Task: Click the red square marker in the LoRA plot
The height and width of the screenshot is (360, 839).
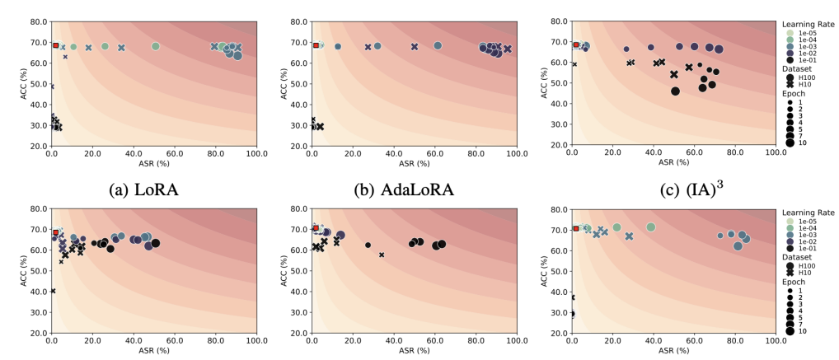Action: pyautogui.click(x=56, y=45)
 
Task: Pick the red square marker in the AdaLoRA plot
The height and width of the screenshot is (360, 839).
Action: pyautogui.click(x=316, y=45)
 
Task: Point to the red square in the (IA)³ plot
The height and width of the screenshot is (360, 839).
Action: pyautogui.click(x=576, y=45)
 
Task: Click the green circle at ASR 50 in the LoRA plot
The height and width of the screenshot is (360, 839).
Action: pyautogui.click(x=155, y=46)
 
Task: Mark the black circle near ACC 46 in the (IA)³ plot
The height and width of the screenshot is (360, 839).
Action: pyautogui.click(x=675, y=91)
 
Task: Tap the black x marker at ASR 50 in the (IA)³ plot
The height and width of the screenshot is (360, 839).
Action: pyautogui.click(x=674, y=74)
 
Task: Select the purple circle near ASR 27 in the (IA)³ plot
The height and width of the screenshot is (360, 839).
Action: pyautogui.click(x=626, y=49)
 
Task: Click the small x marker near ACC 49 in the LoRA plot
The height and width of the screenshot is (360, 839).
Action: pyautogui.click(x=52, y=86)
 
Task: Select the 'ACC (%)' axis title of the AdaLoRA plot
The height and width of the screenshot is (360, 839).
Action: pyautogui.click(x=285, y=83)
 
